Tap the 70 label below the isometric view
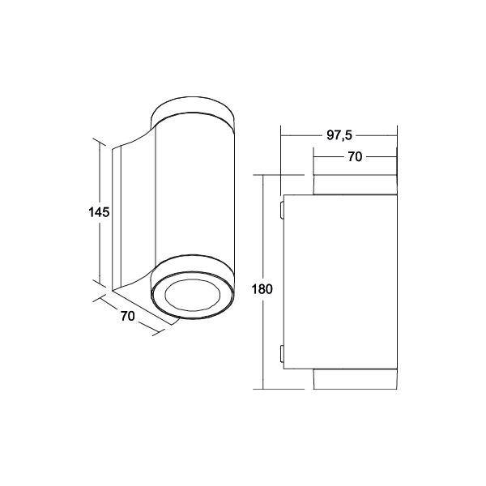(x=127, y=317)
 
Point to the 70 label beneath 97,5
(x=354, y=158)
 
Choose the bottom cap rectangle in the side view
(x=354, y=379)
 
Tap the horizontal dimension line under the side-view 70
(x=354, y=167)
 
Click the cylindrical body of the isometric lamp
(x=194, y=194)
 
